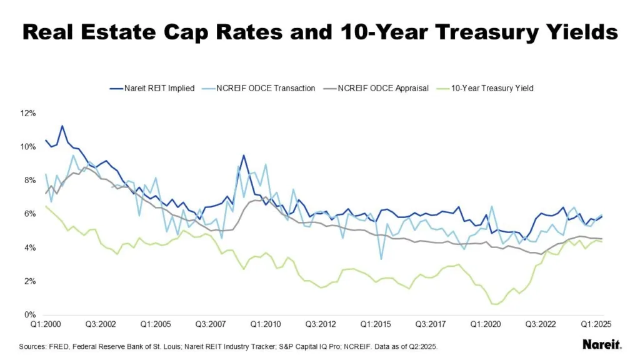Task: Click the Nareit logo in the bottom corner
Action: coord(601,344)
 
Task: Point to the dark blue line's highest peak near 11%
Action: coord(62,126)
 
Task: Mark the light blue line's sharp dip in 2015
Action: coord(381,259)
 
